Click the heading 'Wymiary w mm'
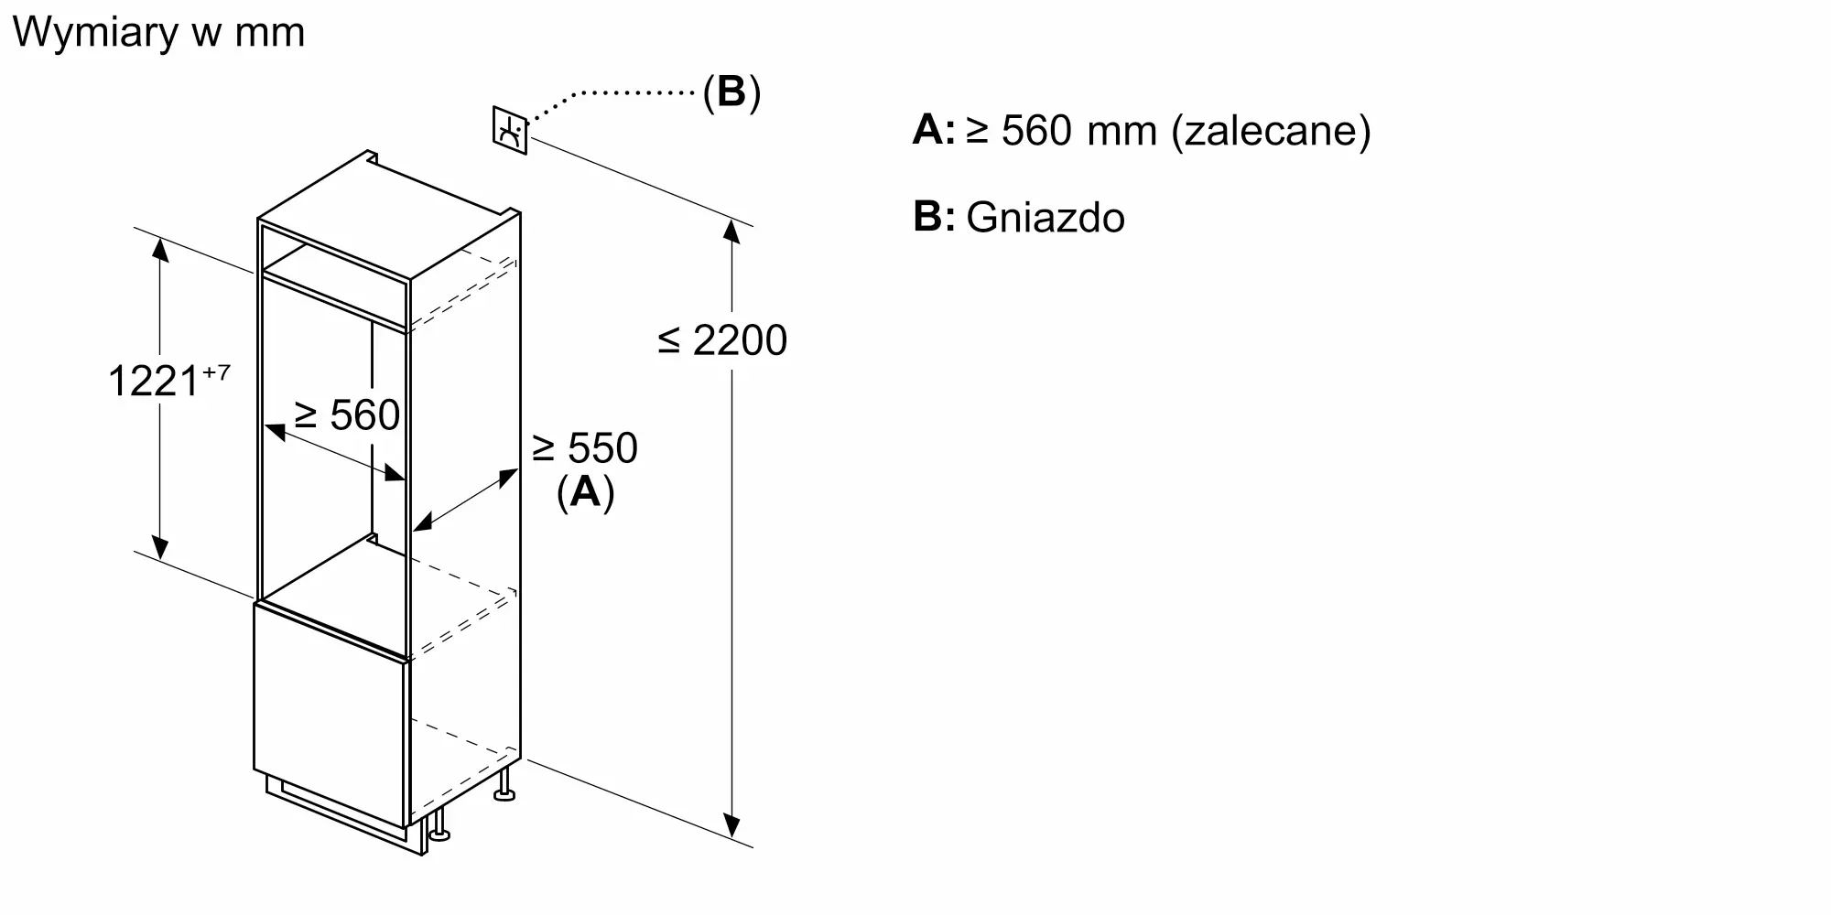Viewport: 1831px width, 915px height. (x=158, y=33)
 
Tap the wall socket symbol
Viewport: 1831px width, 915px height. (x=510, y=131)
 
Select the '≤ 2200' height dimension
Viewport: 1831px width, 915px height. (x=722, y=340)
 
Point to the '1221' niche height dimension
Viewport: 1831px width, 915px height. (x=153, y=381)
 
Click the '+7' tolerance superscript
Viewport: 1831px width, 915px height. (x=216, y=372)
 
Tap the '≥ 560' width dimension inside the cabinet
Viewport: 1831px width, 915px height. (x=347, y=414)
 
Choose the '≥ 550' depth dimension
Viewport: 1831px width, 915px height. (x=585, y=448)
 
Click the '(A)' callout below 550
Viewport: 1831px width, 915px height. (x=585, y=492)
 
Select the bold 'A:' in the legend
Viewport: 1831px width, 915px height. (x=934, y=130)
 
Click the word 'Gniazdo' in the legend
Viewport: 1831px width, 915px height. (x=1046, y=218)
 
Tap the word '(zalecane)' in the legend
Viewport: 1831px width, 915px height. (x=1272, y=131)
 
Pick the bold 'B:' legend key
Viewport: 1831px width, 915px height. (x=934, y=217)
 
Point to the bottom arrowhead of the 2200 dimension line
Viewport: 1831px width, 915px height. (x=731, y=826)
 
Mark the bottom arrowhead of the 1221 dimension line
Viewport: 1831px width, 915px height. (x=160, y=546)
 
